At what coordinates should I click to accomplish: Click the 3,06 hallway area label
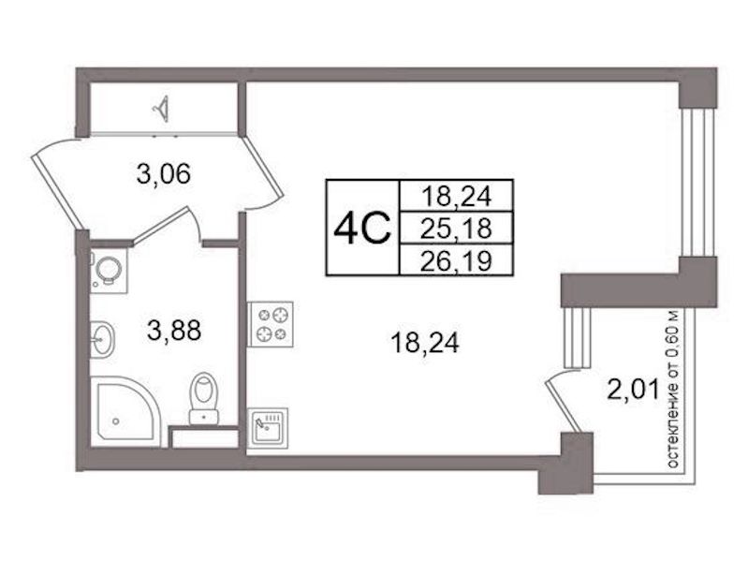coord(164,174)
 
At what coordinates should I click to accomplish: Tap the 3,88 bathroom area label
coord(174,331)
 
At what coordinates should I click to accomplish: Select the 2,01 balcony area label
coord(633,389)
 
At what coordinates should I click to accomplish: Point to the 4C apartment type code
coord(362,229)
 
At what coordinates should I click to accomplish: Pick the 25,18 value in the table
coord(456,229)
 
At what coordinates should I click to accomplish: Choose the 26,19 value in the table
coord(456,261)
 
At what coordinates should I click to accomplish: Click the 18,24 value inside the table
coord(456,197)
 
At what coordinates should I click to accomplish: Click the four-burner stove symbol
coord(270,324)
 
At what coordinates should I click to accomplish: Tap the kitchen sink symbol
coord(268,428)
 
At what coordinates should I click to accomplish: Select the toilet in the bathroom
coord(204,399)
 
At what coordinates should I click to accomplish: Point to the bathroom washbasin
coord(102,339)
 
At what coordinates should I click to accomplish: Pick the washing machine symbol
coord(109,271)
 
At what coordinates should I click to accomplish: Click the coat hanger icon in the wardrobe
coord(162,109)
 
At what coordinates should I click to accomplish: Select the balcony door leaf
coord(564,407)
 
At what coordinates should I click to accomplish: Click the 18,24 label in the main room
coord(425,343)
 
